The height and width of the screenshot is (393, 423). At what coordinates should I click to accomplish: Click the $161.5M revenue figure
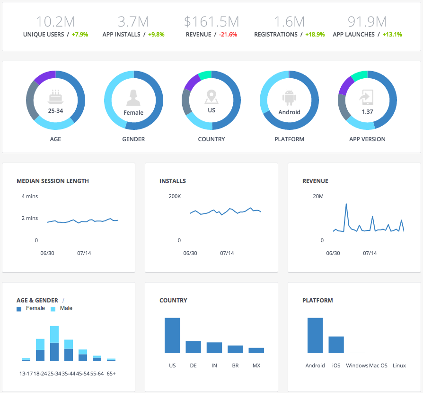click(x=211, y=21)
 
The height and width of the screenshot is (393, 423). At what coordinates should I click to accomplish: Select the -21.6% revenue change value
click(x=228, y=35)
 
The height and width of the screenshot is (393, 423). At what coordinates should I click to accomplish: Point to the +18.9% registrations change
click(x=315, y=35)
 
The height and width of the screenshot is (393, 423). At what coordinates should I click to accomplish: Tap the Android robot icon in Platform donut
click(x=289, y=98)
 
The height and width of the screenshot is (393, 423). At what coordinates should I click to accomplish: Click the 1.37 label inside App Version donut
click(x=367, y=112)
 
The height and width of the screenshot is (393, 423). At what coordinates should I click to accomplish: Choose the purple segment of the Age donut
click(x=44, y=77)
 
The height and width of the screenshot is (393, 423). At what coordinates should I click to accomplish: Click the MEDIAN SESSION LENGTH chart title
click(x=53, y=181)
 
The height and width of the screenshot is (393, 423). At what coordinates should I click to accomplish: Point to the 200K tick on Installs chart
click(x=175, y=196)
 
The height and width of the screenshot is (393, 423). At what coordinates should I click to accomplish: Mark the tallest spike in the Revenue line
click(x=346, y=205)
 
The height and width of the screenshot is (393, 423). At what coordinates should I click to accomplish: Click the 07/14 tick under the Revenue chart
click(x=370, y=253)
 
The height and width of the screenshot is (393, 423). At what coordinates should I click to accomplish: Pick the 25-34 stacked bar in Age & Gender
click(x=54, y=344)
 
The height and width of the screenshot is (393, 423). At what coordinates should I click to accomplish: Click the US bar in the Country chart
click(x=172, y=335)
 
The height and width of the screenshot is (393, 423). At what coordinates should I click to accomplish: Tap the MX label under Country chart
click(x=256, y=366)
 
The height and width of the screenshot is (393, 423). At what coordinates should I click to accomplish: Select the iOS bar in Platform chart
click(x=336, y=345)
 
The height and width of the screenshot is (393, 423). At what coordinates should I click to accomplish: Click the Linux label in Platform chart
click(x=399, y=366)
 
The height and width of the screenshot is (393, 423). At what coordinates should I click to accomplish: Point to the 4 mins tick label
click(x=29, y=196)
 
